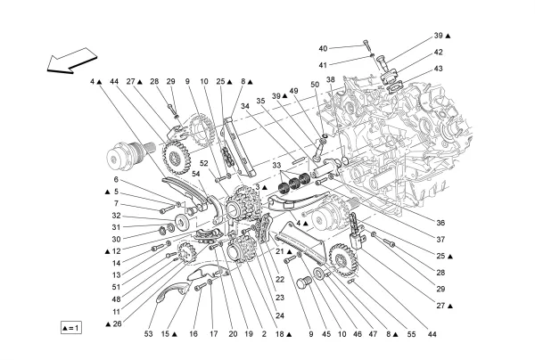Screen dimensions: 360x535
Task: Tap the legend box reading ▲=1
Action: (x=71, y=327)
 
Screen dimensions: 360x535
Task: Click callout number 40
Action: (x=323, y=48)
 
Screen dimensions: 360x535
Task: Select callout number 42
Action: (x=438, y=53)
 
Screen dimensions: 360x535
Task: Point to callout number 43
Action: (x=438, y=69)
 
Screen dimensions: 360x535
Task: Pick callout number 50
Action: (x=315, y=85)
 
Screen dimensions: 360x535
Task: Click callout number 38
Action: (x=331, y=80)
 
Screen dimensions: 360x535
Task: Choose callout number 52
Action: (x=204, y=163)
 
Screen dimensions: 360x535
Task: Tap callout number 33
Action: (x=276, y=166)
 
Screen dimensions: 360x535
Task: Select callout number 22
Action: (x=280, y=280)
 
